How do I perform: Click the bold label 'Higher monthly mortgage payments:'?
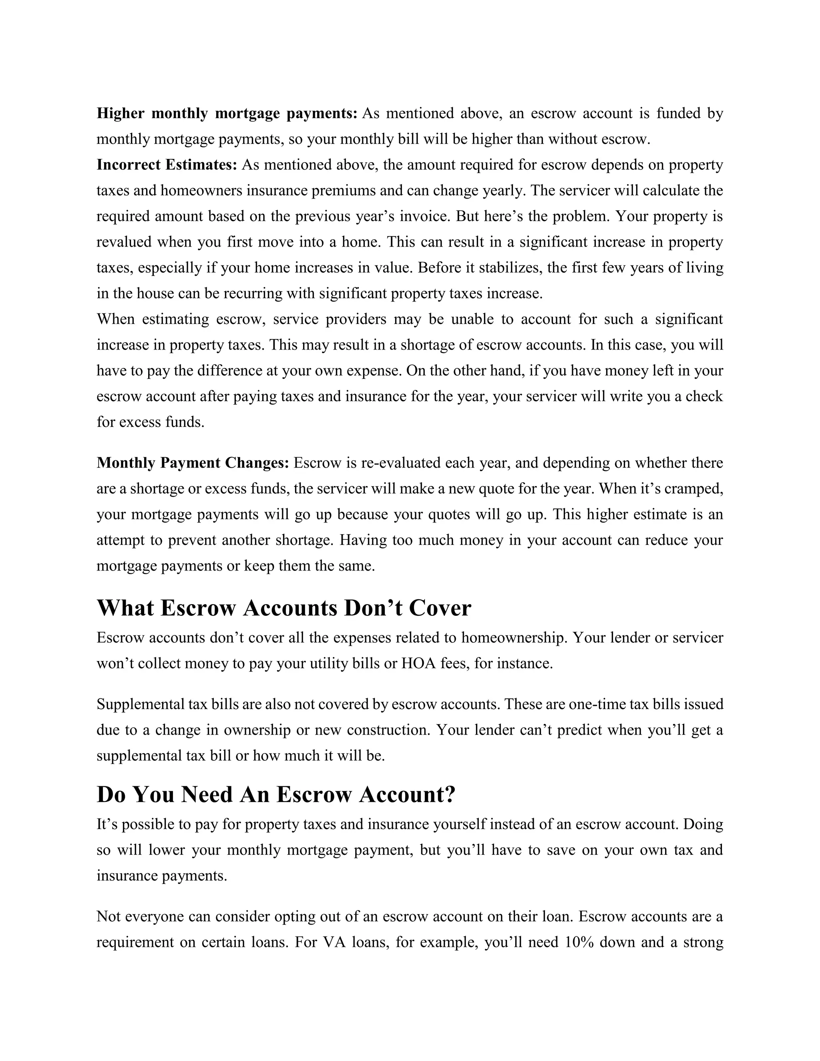pyautogui.click(x=227, y=113)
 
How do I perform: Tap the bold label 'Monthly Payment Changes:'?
pyautogui.click(x=193, y=462)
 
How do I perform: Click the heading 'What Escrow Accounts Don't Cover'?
pyautogui.click(x=284, y=608)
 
